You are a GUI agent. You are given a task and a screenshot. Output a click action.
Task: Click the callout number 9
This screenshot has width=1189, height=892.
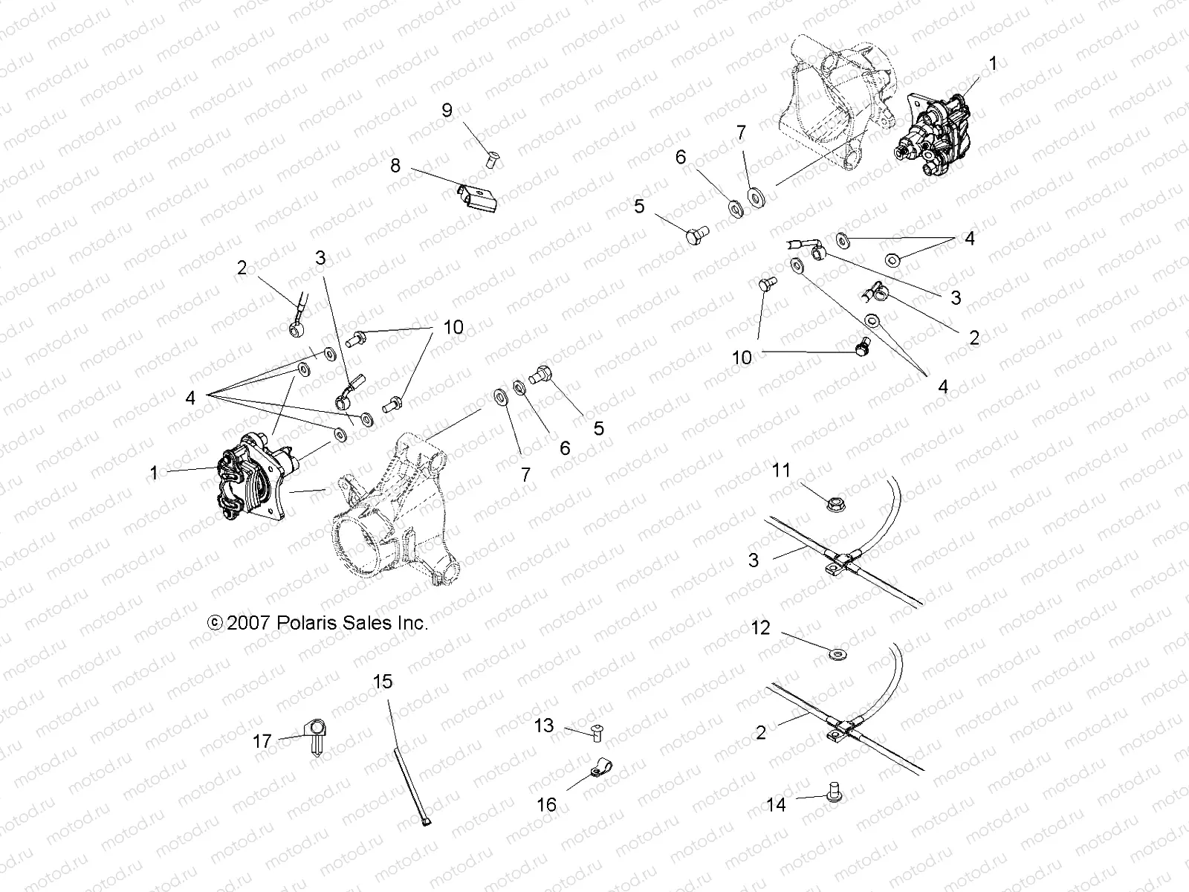point(447,111)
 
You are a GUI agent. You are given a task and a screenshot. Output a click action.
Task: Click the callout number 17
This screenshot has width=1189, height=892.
point(262,742)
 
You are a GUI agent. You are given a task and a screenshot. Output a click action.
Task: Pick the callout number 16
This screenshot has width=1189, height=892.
point(546,804)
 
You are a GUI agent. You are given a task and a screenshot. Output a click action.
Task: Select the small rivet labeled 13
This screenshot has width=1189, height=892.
point(595,732)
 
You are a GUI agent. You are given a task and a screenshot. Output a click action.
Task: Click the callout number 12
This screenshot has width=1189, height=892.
point(761,628)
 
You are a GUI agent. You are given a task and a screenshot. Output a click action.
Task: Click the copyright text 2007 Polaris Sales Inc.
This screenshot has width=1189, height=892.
point(318,623)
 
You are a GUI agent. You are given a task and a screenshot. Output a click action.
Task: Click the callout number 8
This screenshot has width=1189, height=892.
point(395,165)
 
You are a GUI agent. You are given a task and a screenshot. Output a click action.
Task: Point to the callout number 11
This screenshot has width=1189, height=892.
point(781,471)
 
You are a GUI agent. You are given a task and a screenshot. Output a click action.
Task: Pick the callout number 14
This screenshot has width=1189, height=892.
point(776,805)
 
